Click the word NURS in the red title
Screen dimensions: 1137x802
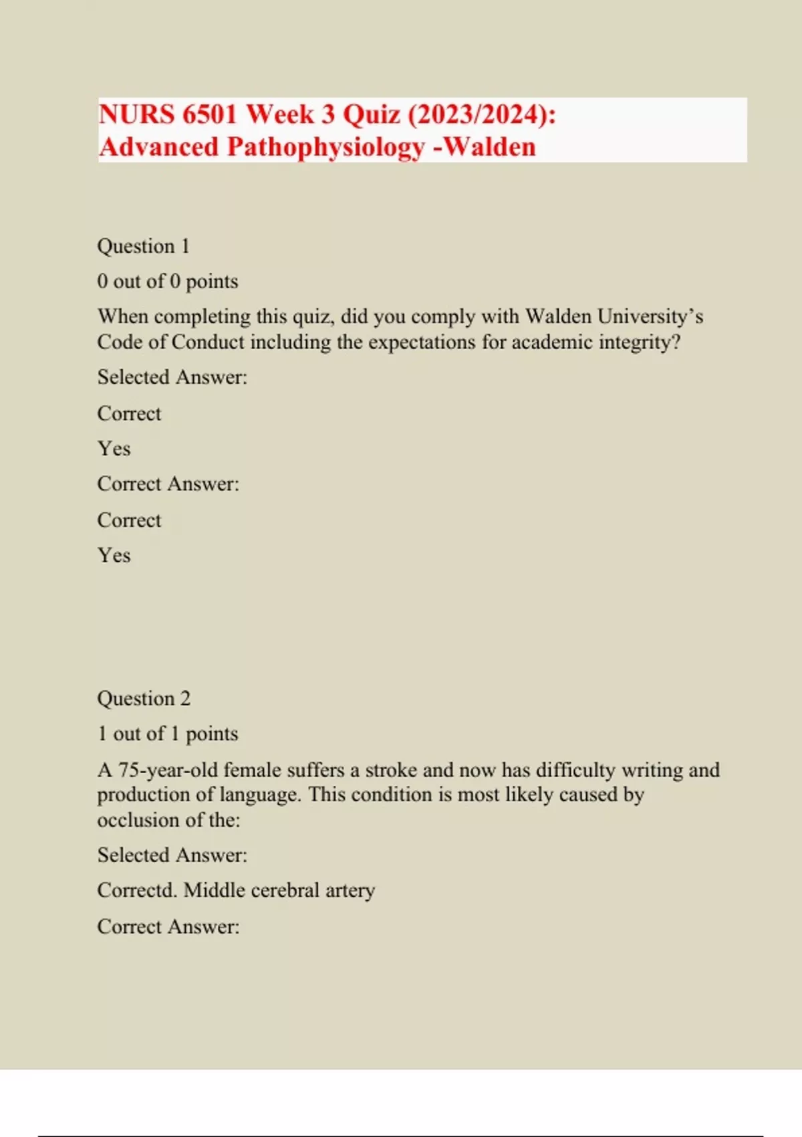tap(136, 114)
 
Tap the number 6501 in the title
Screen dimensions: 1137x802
tap(209, 114)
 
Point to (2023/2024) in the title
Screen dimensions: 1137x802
tap(481, 114)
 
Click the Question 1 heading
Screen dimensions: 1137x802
tap(143, 246)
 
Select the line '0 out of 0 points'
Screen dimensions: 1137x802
tap(167, 282)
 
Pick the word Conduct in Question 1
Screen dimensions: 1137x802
tap(208, 342)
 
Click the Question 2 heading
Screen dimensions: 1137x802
tap(144, 699)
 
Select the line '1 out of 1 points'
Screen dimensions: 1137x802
tap(167, 734)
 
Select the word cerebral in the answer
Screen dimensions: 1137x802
tap(285, 891)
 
